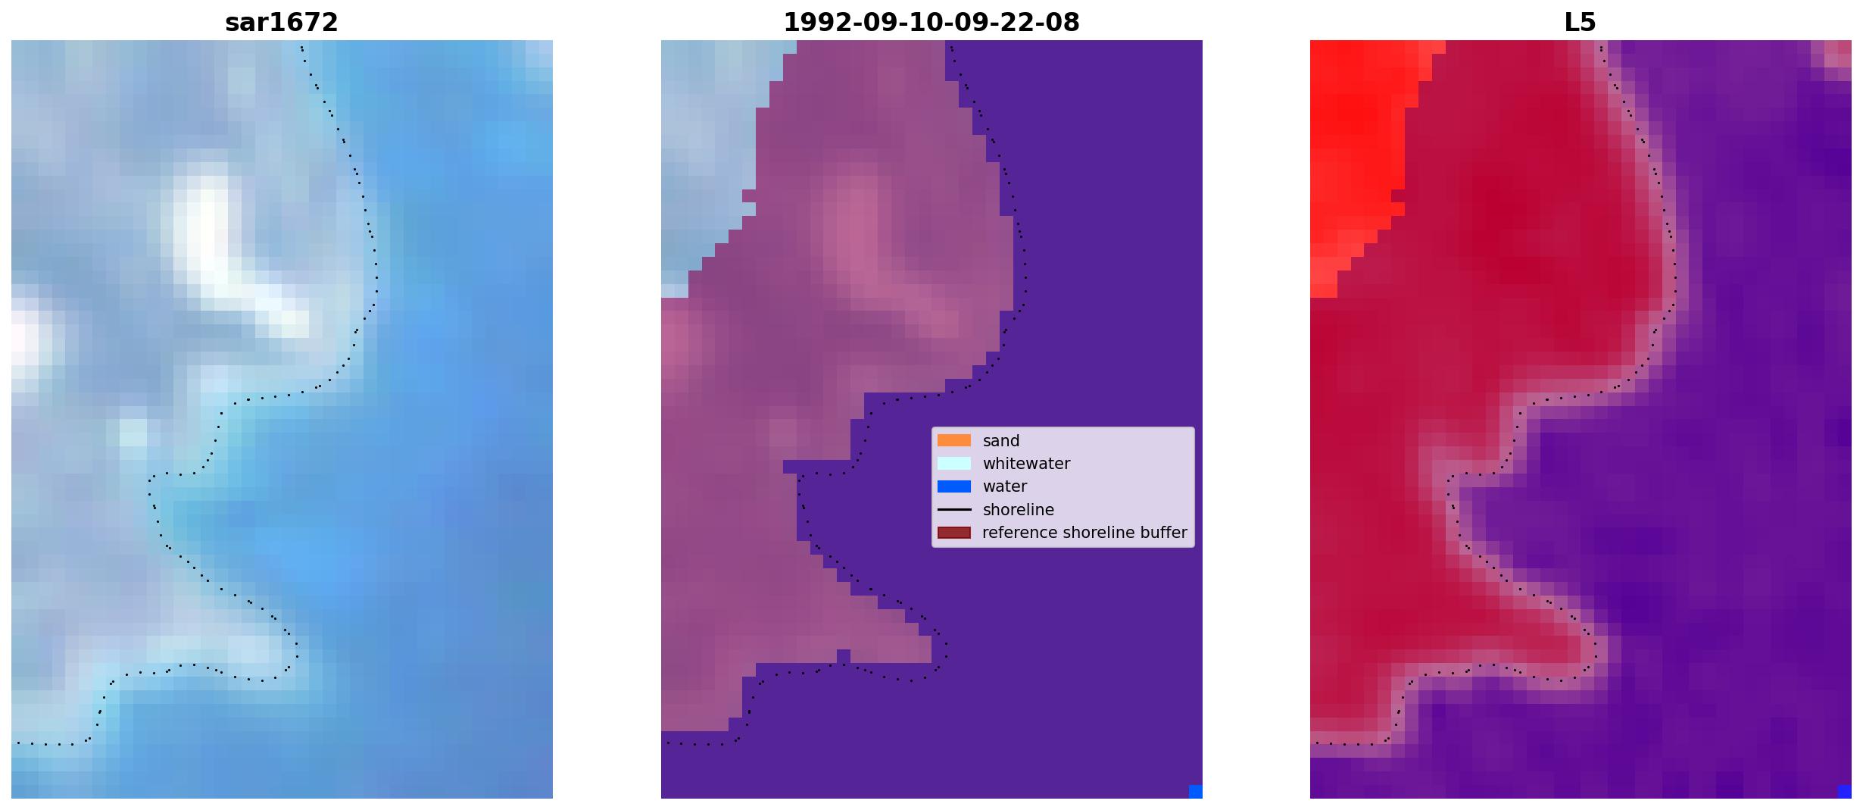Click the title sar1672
point(282,23)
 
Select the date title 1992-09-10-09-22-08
point(931,23)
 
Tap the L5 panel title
point(1581,23)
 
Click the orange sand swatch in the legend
point(954,440)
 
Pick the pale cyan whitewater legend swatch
point(954,463)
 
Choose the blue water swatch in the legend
point(954,486)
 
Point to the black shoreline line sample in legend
point(954,509)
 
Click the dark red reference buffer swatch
point(954,533)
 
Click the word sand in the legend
point(1001,441)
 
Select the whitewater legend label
point(1026,464)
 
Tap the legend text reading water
point(1005,486)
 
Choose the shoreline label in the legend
point(1019,510)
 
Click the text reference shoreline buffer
point(1084,533)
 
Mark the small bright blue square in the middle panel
point(1196,792)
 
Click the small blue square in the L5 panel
point(1845,792)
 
